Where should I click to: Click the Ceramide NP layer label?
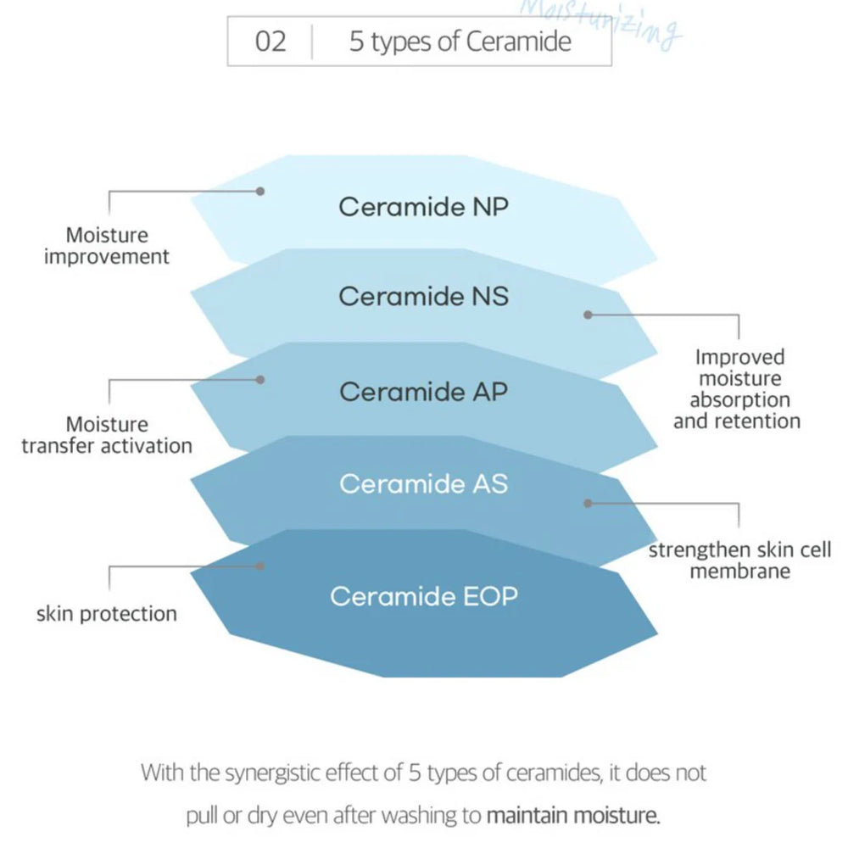(423, 207)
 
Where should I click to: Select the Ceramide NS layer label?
(423, 297)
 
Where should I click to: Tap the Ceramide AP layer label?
(423, 392)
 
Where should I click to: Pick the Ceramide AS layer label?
(423, 483)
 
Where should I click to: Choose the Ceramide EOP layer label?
(423, 596)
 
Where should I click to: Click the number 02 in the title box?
(271, 42)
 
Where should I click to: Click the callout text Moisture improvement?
(107, 246)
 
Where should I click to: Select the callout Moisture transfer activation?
(107, 434)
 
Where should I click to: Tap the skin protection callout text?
(107, 613)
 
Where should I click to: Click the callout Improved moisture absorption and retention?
(737, 389)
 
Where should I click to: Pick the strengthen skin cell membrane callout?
(739, 560)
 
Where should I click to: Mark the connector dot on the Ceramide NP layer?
(261, 192)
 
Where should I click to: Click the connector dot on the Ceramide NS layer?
(587, 315)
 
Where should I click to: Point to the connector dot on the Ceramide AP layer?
(261, 379)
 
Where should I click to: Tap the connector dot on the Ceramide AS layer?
(587, 503)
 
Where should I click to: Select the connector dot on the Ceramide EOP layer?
(261, 566)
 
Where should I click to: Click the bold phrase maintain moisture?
(573, 817)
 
